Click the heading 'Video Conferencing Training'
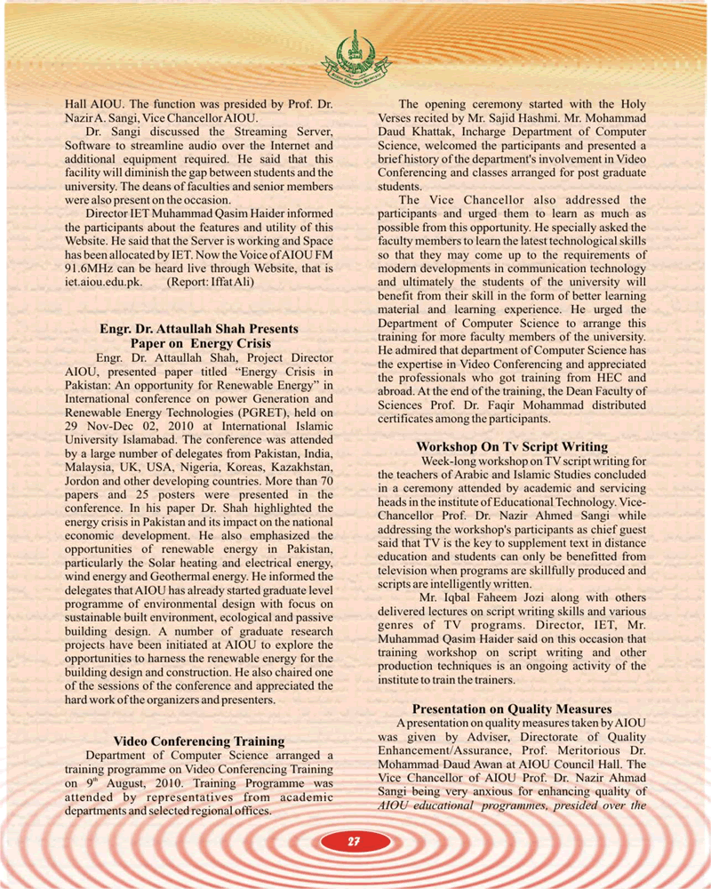tap(199, 741)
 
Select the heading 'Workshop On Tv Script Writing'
tap(512, 446)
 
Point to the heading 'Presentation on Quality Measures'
tap(512, 709)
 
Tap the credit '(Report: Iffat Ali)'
tap(211, 281)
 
